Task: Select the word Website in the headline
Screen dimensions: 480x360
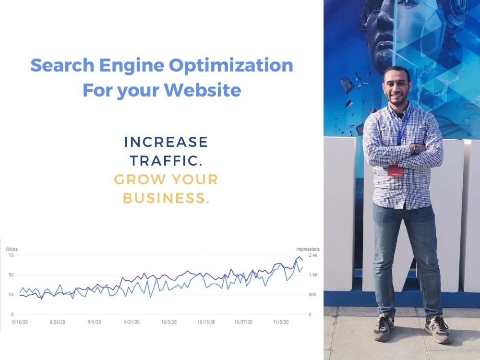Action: click(203, 90)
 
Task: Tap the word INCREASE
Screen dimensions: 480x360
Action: click(166, 142)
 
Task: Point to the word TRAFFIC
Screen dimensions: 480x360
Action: click(166, 161)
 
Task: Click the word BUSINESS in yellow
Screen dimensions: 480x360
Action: click(166, 198)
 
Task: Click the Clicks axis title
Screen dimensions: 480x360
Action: click(12, 249)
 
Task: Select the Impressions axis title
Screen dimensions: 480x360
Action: click(308, 249)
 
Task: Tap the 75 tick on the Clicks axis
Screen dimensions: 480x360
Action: click(12, 255)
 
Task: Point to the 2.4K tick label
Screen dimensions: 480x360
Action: click(313, 255)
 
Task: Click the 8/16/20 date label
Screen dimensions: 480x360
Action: click(20, 322)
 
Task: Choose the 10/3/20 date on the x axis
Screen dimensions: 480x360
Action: click(169, 322)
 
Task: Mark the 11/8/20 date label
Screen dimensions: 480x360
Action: click(281, 322)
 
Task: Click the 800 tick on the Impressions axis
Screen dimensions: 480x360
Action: click(312, 295)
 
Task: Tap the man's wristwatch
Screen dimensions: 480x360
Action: click(416, 150)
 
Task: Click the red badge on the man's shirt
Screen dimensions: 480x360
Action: click(395, 170)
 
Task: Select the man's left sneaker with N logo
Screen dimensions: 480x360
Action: click(437, 329)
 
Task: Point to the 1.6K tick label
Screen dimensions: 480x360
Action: click(313, 275)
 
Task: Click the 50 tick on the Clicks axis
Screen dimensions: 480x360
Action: click(12, 275)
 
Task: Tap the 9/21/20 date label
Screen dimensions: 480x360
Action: click(132, 322)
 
